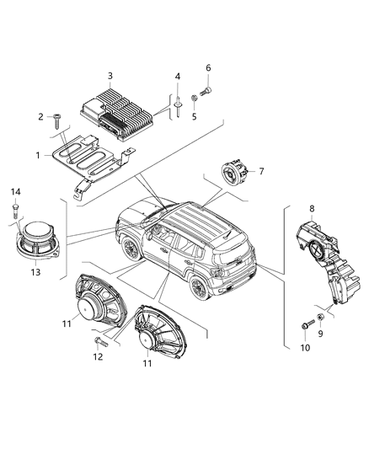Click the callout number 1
click(x=36, y=156)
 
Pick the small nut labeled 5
click(x=194, y=99)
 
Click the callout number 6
click(x=208, y=67)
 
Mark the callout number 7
click(x=261, y=172)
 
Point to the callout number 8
click(x=313, y=207)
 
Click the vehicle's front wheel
click(x=131, y=249)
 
